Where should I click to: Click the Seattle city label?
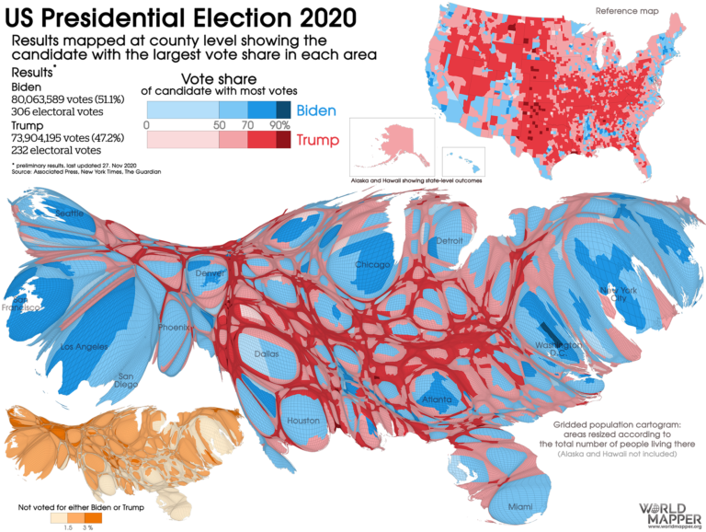(x=70, y=213)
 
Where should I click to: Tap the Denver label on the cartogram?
(x=209, y=273)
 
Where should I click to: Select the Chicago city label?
(x=372, y=265)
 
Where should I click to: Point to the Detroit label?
(x=450, y=240)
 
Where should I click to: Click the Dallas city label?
(x=268, y=353)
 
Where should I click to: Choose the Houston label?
(x=303, y=420)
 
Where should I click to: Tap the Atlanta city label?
(x=436, y=399)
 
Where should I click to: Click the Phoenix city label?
(x=174, y=327)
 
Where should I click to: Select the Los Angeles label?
(x=85, y=347)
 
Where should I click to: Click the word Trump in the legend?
(x=316, y=140)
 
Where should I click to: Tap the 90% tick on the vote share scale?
(x=278, y=124)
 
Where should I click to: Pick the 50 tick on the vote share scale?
(x=220, y=124)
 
